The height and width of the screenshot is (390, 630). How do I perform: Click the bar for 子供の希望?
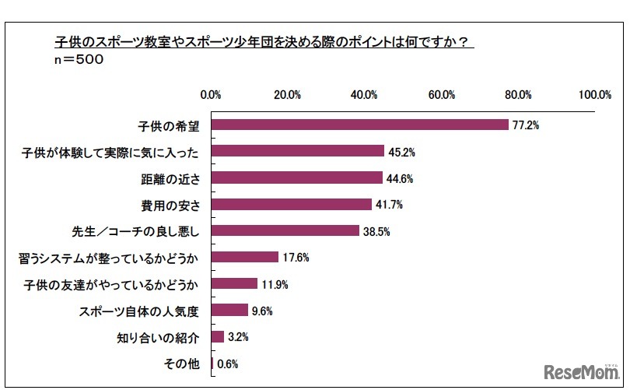pyautogui.click(x=359, y=125)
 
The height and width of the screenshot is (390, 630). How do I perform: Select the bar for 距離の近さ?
pyautogui.click(x=296, y=178)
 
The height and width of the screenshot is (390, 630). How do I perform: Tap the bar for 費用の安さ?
pyautogui.click(x=291, y=205)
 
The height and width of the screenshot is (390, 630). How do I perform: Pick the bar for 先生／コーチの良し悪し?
pyautogui.click(x=285, y=231)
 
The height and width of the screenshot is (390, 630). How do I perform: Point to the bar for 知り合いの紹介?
pyautogui.click(x=217, y=337)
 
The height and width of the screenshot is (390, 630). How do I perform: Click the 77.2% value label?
pyautogui.click(x=525, y=125)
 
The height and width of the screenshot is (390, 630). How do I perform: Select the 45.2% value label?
pyautogui.click(x=401, y=151)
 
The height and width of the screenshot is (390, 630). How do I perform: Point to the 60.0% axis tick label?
pyautogui.click(x=441, y=95)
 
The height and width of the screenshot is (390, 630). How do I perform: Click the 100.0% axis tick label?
pyautogui.click(x=595, y=95)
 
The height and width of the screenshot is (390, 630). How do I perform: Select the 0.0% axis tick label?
pyautogui.click(x=212, y=95)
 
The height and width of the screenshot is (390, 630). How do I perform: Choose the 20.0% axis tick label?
pyautogui.click(x=288, y=95)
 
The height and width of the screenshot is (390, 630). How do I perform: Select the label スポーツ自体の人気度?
pyautogui.click(x=139, y=311)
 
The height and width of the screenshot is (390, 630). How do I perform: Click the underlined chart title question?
pyautogui.click(x=264, y=42)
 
